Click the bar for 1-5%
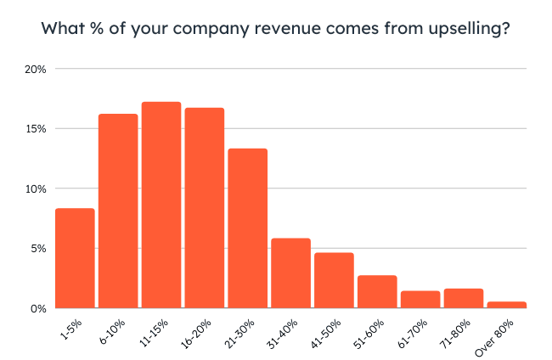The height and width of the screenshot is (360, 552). (x=75, y=258)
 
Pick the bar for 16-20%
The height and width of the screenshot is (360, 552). (x=205, y=208)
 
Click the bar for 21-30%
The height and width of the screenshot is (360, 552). (x=247, y=228)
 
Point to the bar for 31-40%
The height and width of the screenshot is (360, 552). (x=290, y=273)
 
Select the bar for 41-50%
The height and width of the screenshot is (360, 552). (x=334, y=280)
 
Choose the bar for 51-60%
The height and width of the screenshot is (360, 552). (x=377, y=291)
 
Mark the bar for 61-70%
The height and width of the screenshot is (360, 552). (x=420, y=300)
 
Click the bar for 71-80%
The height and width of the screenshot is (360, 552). (x=463, y=299)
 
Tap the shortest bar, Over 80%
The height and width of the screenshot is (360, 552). (x=506, y=305)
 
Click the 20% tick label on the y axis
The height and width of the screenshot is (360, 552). (x=34, y=69)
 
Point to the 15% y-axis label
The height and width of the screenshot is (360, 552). (x=34, y=129)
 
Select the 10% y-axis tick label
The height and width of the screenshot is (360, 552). (x=34, y=188)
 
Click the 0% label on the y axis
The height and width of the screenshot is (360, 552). (x=37, y=308)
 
